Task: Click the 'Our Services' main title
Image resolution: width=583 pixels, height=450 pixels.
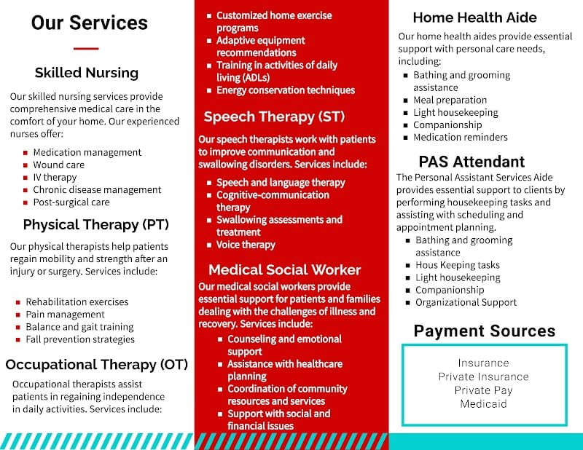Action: pyautogui.click(x=89, y=23)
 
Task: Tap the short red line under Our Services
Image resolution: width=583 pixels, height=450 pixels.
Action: pyautogui.click(x=86, y=49)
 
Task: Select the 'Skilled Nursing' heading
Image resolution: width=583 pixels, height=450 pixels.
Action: pyautogui.click(x=86, y=73)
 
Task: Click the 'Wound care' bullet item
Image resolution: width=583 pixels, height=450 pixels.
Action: pyautogui.click(x=58, y=165)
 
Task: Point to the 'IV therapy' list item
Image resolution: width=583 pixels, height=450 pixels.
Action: pyautogui.click(x=55, y=177)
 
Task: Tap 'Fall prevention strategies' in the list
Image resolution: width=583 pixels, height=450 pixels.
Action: pyautogui.click(x=80, y=339)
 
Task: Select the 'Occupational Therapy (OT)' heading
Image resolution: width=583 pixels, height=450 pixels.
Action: pyautogui.click(x=96, y=364)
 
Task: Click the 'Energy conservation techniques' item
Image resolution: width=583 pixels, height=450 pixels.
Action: pyautogui.click(x=286, y=90)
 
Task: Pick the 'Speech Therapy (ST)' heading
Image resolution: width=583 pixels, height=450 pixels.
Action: pyautogui.click(x=274, y=117)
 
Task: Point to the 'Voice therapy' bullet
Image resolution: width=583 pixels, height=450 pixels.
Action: pyautogui.click(x=246, y=245)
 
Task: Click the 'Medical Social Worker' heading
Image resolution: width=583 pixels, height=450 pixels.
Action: pyautogui.click(x=284, y=269)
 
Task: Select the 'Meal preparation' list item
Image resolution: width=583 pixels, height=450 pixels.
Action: pyautogui.click(x=450, y=100)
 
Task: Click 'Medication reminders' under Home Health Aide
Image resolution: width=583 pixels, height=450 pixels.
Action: pyautogui.click(x=461, y=137)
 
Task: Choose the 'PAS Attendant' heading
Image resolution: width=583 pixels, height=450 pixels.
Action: pyautogui.click(x=472, y=162)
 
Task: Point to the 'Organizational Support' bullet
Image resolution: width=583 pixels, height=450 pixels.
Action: pyautogui.click(x=466, y=302)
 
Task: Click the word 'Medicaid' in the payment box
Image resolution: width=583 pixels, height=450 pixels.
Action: pyautogui.click(x=484, y=403)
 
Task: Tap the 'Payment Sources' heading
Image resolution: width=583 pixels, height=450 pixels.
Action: pyautogui.click(x=485, y=331)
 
